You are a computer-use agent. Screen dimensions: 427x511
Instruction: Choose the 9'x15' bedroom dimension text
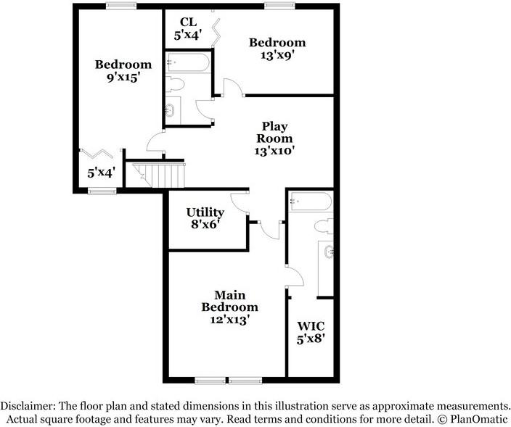pyautogui.click(x=123, y=78)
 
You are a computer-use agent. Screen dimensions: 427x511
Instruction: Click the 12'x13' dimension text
pyautogui.click(x=229, y=319)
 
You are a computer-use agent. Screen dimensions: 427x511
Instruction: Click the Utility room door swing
pyautogui.click(x=240, y=201)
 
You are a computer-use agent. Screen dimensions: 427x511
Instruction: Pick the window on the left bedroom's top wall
pyautogui.click(x=120, y=6)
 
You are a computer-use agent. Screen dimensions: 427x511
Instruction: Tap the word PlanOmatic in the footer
pyautogui.click(x=481, y=419)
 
